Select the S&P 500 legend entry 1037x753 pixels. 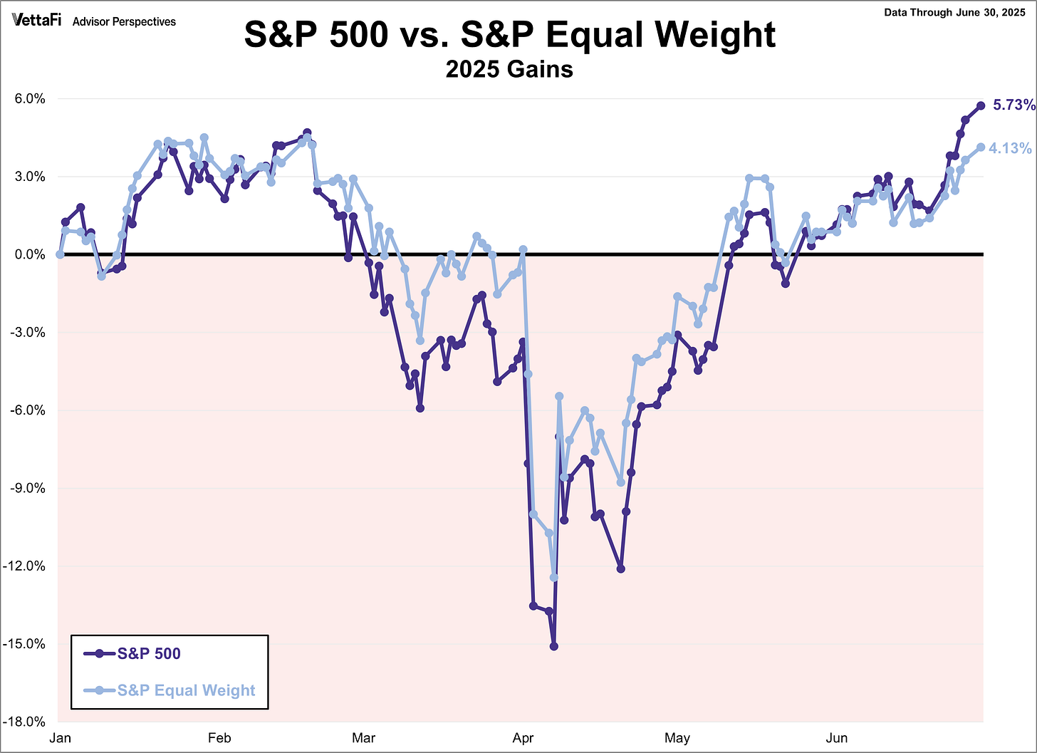149,653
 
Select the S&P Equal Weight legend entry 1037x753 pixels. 186,690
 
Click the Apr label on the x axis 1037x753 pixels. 523,738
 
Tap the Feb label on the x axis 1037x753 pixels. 219,738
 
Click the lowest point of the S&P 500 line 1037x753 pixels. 553,646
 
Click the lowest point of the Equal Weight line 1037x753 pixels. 553,577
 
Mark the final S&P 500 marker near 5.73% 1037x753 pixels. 981,105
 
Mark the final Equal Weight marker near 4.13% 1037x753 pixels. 981,147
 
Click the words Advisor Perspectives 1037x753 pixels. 124,22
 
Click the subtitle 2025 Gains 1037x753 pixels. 509,69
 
